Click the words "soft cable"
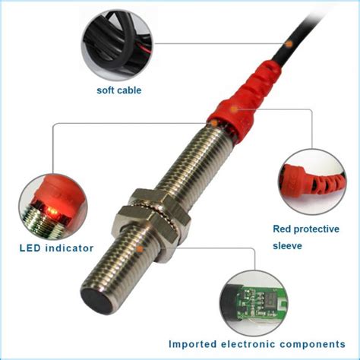click(118, 90)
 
